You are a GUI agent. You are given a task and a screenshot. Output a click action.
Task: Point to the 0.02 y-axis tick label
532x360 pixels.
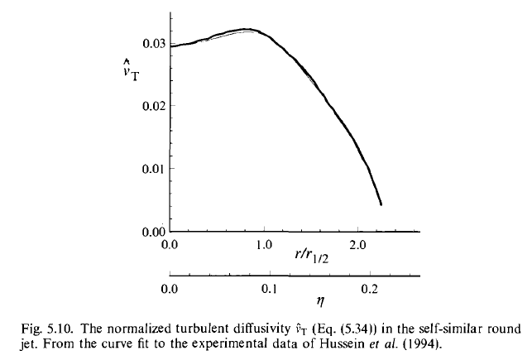click(x=152, y=106)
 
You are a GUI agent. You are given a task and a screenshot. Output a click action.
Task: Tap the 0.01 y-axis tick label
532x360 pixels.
click(x=152, y=169)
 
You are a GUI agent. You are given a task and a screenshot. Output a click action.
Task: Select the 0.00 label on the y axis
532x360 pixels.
click(x=152, y=233)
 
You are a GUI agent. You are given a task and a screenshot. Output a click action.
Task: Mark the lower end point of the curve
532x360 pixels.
click(x=381, y=204)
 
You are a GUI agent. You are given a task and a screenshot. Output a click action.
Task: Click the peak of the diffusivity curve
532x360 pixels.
click(x=245, y=29)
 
